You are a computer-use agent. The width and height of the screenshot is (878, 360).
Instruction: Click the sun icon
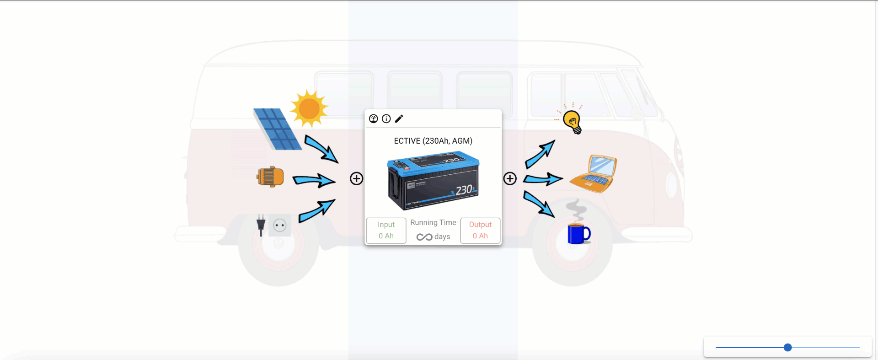309,108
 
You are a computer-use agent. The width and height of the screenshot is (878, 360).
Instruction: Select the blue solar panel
277,129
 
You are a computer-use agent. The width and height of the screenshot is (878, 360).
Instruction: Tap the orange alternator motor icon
270,177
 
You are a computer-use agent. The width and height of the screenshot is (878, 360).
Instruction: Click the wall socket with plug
273,225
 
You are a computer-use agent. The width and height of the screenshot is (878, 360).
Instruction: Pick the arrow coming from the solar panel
321,149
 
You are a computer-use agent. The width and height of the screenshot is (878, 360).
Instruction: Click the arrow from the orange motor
314,181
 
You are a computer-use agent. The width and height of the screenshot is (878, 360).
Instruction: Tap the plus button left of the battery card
357,178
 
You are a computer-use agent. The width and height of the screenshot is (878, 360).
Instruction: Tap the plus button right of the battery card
510,178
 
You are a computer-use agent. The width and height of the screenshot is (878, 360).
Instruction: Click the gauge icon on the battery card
374,119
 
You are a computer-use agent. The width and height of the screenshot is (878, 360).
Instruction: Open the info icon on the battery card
386,119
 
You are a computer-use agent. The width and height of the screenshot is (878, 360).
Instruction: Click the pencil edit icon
399,119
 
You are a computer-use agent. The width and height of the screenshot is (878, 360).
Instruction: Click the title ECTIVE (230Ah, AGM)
433,141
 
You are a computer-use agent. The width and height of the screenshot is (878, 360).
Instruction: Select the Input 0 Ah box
386,231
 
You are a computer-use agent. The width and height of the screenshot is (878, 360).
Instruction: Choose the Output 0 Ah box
480,231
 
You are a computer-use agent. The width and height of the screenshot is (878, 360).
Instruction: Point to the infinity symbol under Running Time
424,237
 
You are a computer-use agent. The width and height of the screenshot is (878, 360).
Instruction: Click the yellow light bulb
572,121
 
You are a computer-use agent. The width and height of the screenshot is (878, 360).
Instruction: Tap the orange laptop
594,174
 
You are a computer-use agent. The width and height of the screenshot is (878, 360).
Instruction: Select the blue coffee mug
578,233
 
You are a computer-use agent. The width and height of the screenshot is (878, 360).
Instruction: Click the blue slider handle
787,348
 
